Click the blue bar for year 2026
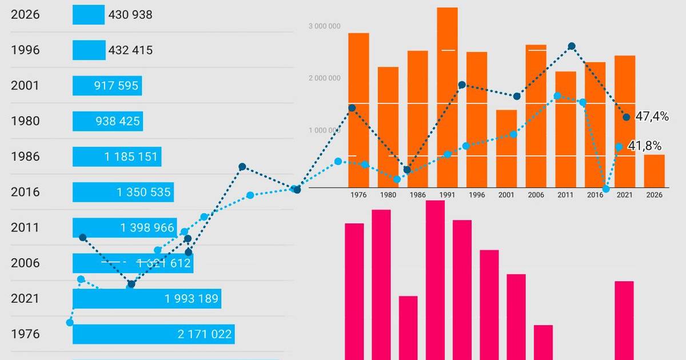(89, 15)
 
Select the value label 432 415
(130, 50)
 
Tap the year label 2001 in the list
(25, 86)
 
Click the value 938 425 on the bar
(118, 121)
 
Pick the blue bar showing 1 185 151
(117, 157)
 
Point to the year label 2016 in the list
(25, 192)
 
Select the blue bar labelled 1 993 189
(146, 298)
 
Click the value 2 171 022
(205, 334)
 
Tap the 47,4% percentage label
(652, 117)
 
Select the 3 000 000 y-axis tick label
(325, 26)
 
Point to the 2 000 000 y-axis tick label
(325, 78)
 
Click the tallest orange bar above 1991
(447, 97)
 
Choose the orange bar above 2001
(506, 149)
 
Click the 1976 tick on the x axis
(358, 195)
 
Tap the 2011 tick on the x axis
(565, 195)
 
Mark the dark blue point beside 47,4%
(627, 117)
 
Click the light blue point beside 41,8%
(619, 147)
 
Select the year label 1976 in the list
(25, 334)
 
